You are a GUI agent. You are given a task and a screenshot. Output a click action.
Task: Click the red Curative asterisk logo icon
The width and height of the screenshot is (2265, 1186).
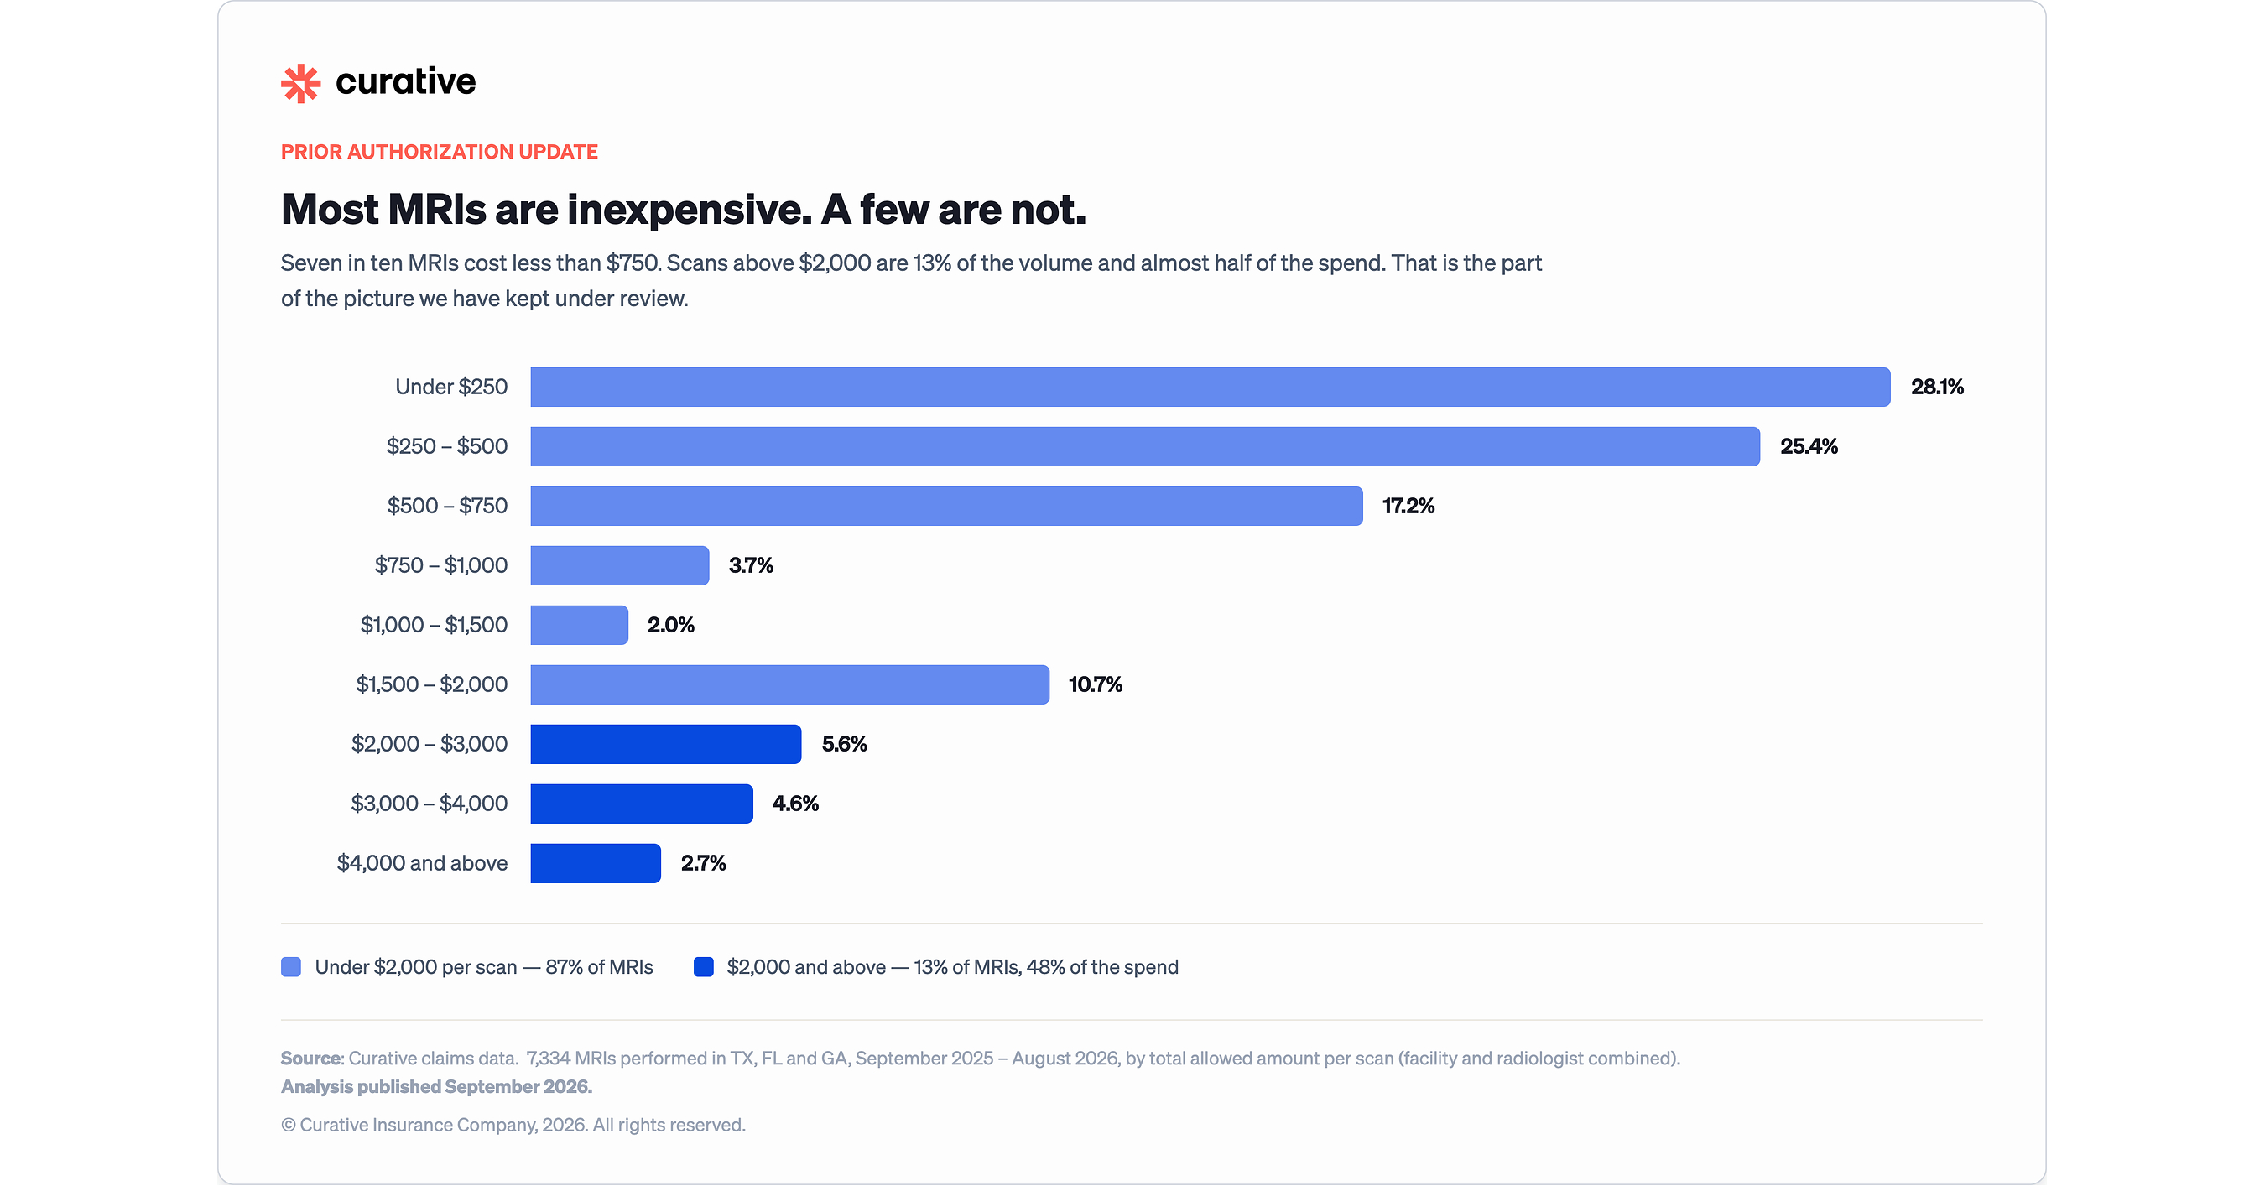[x=300, y=83]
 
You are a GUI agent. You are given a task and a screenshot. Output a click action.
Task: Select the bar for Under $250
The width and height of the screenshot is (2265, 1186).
[x=1210, y=387]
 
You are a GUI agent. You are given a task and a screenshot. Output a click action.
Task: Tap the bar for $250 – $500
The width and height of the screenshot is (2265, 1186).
[x=1145, y=446]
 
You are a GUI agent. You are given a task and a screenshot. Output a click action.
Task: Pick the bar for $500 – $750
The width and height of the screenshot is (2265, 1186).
[x=946, y=507]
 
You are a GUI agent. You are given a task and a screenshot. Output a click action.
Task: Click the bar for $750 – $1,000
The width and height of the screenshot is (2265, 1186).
[x=620, y=565]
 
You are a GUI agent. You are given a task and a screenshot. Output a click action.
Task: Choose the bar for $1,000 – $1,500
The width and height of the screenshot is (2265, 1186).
[x=580, y=625]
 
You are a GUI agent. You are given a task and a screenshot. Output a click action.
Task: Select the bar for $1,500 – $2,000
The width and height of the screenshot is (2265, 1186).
[x=789, y=685]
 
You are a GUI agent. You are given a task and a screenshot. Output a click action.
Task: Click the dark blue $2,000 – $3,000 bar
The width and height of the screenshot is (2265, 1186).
[x=665, y=744]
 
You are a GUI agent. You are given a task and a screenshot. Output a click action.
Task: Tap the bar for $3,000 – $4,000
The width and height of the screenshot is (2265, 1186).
[x=642, y=804]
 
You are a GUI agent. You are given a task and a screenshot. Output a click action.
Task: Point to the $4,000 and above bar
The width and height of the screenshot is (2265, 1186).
[x=596, y=863]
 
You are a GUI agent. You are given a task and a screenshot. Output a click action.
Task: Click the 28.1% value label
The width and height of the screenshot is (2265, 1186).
[x=1937, y=387]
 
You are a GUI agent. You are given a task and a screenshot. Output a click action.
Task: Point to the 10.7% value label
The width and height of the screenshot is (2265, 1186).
[x=1096, y=685]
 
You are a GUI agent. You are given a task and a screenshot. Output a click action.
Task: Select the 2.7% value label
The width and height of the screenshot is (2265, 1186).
[x=704, y=863]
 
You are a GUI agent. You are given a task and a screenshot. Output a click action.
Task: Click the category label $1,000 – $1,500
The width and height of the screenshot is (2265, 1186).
[x=435, y=625]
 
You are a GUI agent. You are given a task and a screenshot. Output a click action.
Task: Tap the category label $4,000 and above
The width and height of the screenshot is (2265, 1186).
[x=422, y=863]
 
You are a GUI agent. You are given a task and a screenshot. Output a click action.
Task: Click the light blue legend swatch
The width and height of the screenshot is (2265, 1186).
[x=291, y=967]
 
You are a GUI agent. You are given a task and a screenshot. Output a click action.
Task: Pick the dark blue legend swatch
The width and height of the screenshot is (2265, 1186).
[x=704, y=967]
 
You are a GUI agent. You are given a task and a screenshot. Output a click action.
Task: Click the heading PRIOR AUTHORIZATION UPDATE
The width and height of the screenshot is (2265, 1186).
[x=440, y=152]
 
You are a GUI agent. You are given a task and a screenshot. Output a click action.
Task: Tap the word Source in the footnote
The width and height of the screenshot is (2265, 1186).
[x=311, y=1059]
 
